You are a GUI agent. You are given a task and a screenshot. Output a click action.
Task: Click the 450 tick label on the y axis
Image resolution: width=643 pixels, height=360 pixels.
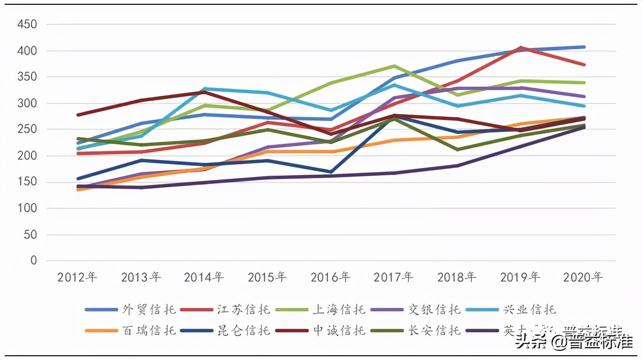(x=27, y=24)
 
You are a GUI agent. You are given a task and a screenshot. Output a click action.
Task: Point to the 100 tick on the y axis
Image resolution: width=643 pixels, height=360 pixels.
(x=27, y=209)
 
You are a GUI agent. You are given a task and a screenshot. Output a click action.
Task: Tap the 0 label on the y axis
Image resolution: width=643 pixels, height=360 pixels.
(x=33, y=261)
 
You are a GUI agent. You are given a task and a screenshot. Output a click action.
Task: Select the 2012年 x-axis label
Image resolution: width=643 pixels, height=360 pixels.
(x=77, y=277)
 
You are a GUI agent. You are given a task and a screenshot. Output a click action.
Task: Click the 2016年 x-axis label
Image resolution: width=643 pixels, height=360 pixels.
(x=331, y=277)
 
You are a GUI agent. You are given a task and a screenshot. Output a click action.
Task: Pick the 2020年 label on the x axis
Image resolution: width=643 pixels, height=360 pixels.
(x=583, y=277)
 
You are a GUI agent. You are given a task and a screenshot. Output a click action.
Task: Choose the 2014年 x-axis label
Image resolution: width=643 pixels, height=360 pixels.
(x=204, y=277)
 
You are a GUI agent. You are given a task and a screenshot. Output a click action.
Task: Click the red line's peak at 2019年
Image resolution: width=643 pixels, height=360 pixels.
(x=521, y=48)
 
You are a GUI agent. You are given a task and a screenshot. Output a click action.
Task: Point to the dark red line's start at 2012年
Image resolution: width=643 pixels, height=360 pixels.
(x=78, y=115)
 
